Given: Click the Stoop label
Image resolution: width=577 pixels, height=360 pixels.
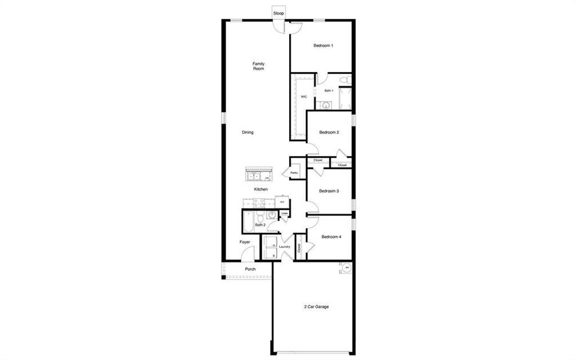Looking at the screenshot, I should point(278,13).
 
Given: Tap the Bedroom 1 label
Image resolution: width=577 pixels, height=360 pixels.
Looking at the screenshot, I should point(323,46).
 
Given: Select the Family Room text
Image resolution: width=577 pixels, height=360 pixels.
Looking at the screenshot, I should point(259,66).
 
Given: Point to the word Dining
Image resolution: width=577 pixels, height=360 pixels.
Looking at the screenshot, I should point(248,132).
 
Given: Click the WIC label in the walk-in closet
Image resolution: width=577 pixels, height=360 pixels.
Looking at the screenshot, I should point(304,96).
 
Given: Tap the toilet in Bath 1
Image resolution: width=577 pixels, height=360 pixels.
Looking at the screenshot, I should point(344,80).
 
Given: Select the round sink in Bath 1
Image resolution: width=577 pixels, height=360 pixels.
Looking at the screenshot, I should point(325,105).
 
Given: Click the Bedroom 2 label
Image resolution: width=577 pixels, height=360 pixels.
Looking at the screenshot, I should point(329,132).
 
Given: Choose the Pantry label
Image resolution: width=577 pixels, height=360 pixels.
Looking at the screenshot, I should point(294,173).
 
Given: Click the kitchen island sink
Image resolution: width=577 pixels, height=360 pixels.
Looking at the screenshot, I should point(254,176).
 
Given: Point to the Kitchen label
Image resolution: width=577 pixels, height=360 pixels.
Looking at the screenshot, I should point(260,189).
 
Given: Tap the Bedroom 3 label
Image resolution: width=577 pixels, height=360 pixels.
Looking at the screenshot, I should point(329,191).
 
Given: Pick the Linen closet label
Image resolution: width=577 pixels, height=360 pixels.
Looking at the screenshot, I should point(285,213).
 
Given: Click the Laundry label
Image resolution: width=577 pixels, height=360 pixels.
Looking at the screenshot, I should point(284,247).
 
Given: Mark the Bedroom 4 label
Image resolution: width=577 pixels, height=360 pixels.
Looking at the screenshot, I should point(331,237).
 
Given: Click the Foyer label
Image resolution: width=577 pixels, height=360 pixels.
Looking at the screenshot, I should point(245,242).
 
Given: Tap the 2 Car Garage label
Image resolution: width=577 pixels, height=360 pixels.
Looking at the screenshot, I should point(315,307).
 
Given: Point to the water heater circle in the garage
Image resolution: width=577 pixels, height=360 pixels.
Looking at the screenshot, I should point(347,268).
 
